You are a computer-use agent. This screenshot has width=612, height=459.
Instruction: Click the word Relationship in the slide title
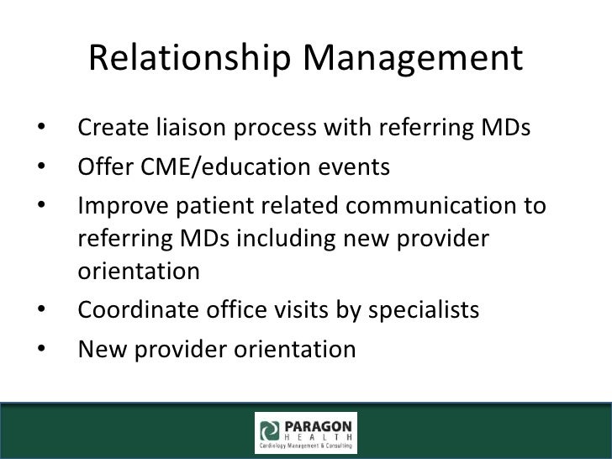pos(190,60)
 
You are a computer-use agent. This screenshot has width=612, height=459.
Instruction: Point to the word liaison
pos(186,130)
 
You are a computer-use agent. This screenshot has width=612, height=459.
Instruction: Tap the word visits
pos(310,310)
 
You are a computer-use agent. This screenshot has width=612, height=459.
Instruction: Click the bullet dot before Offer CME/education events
pos(41,168)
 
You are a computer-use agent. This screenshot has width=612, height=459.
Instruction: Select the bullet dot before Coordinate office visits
pos(41,311)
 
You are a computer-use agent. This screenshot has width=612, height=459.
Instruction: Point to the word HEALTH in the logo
pos(319,435)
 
